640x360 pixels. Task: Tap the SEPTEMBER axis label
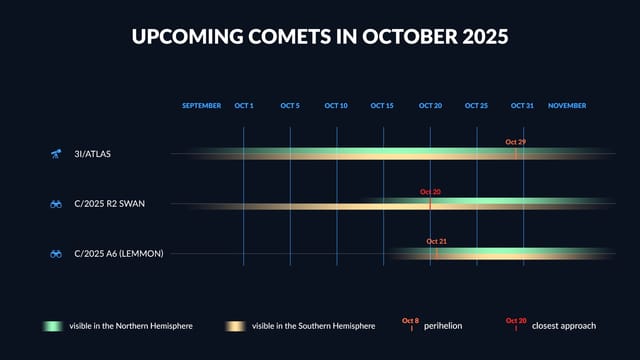201,105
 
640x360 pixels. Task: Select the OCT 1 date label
244,105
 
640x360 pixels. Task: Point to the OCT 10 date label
337,105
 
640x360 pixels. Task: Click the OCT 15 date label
383,105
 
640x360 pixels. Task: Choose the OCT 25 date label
477,105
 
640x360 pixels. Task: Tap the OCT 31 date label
523,105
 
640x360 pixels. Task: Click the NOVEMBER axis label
567,105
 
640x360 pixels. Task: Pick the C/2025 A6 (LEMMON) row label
118,254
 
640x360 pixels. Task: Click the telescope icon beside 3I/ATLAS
56,154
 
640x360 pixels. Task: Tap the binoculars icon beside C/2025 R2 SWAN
56,204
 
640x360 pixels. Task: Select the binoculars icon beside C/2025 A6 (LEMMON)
56,254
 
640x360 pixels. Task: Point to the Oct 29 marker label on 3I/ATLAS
515,142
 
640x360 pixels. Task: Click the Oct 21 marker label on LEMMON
436,241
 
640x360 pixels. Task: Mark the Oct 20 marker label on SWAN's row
430,191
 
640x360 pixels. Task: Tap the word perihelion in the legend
443,326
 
